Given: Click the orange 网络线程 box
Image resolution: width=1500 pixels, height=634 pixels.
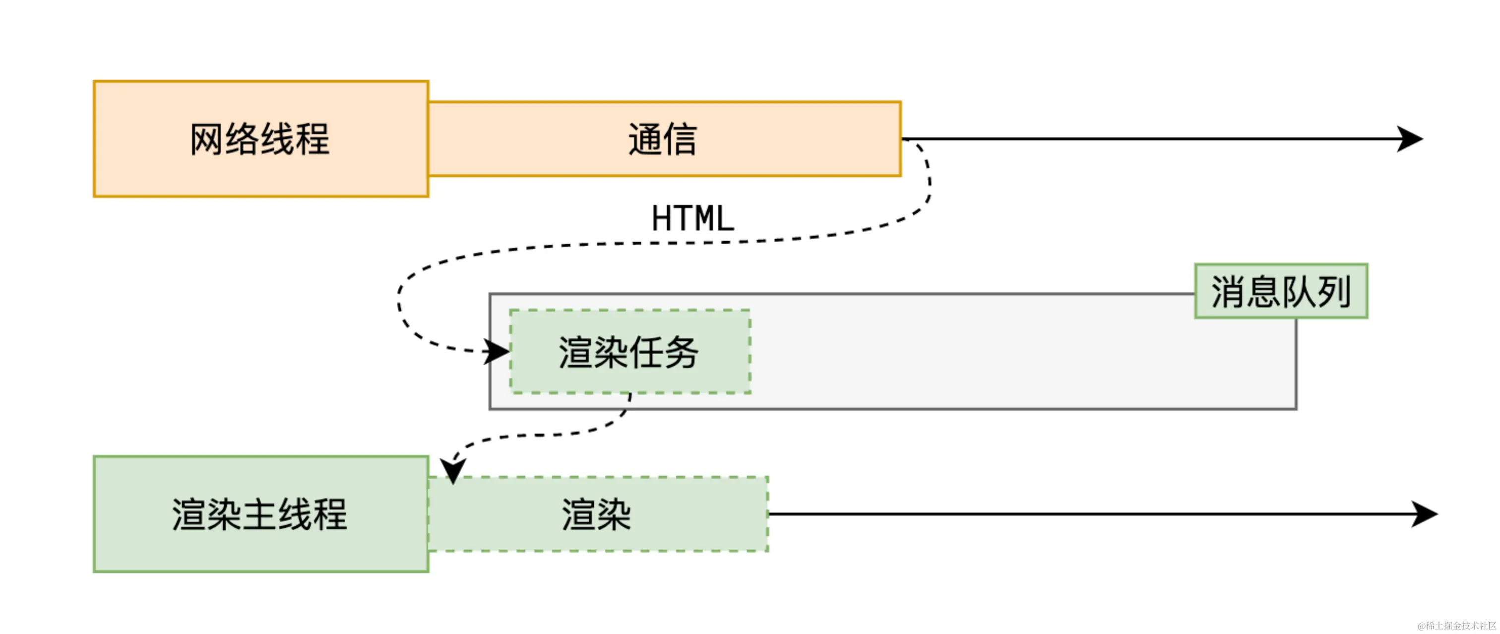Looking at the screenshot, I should (261, 139).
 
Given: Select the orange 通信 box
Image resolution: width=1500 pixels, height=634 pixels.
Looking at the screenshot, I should (664, 139).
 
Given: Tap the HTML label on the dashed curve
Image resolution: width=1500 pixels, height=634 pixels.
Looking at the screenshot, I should (692, 218).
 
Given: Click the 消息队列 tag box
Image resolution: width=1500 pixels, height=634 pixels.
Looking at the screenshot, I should (1281, 291).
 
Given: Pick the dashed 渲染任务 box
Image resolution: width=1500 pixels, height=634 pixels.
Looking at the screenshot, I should (629, 352).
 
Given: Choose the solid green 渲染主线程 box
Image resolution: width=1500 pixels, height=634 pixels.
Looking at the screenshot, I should (261, 514).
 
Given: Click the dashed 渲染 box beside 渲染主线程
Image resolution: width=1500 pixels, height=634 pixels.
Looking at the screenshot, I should (597, 514).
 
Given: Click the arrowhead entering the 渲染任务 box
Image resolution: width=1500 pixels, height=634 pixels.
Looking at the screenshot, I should (497, 352).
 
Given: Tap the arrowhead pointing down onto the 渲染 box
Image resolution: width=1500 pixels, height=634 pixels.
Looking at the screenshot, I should (452, 470).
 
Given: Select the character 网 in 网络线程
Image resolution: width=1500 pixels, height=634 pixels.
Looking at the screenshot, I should (207, 139).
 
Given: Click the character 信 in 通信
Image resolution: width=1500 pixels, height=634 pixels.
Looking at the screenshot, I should (680, 139).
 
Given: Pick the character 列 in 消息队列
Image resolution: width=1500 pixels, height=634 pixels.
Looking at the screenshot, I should (1334, 291).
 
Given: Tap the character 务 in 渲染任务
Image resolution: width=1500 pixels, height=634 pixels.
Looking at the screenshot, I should (681, 352).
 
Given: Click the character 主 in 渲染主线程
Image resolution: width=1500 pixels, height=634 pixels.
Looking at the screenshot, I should (260, 514).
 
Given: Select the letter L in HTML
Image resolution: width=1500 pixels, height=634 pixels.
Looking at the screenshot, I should (724, 218).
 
